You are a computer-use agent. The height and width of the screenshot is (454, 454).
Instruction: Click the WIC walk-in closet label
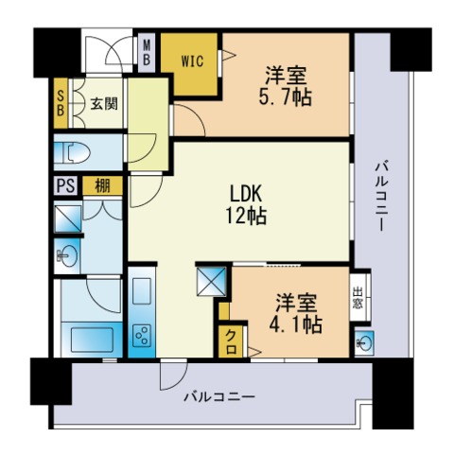click(x=192, y=61)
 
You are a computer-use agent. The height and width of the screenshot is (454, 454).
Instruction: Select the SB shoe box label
click(x=61, y=103)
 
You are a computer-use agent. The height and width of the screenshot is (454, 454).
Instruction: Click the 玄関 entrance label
click(x=104, y=103)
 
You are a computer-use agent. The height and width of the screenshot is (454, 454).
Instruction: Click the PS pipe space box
click(x=66, y=185)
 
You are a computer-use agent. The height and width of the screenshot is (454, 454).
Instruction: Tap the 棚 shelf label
click(x=103, y=186)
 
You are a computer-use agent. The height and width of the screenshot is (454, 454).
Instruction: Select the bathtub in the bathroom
click(x=92, y=340)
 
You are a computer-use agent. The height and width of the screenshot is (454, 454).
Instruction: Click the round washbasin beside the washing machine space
click(x=66, y=255)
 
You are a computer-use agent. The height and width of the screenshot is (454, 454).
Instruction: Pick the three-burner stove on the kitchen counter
click(x=142, y=336)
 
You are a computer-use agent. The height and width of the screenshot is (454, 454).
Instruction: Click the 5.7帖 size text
click(x=286, y=97)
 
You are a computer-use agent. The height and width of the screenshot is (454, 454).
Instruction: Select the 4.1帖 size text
click(x=295, y=324)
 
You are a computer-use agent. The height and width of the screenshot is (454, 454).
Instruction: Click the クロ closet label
click(x=231, y=341)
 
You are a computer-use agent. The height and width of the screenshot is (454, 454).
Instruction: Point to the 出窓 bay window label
click(x=358, y=298)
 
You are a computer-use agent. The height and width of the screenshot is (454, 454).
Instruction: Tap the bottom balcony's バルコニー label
click(x=219, y=396)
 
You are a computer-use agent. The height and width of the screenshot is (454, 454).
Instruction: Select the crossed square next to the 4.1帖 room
click(x=211, y=282)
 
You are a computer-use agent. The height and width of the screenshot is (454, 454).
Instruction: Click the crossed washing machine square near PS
click(x=68, y=218)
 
